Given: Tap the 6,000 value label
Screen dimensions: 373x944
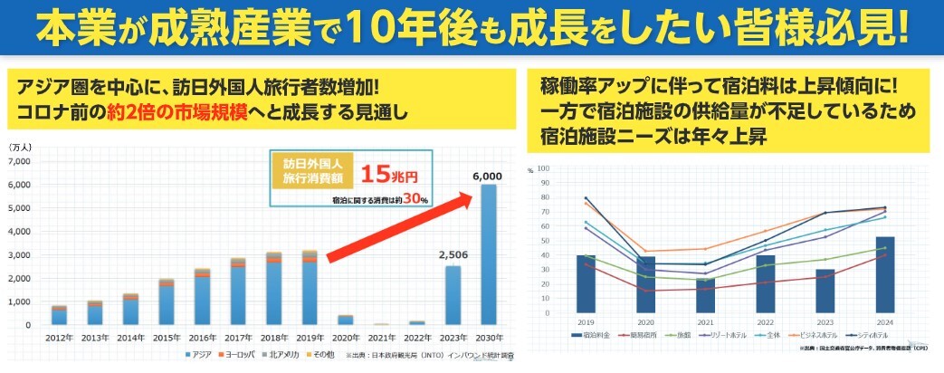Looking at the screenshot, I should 487,176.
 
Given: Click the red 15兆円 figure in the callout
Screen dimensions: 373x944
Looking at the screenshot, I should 390,173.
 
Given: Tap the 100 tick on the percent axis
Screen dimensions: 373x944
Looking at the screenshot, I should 542,168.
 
